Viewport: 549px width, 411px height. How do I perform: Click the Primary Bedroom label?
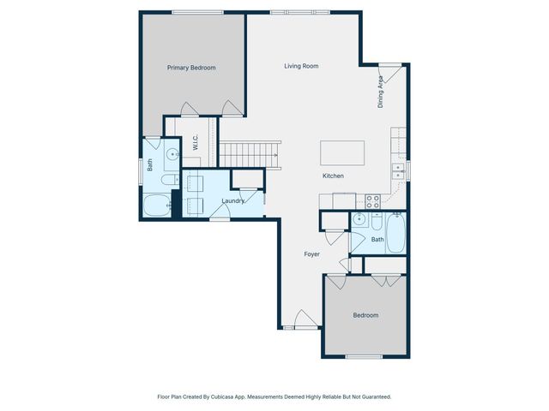191,68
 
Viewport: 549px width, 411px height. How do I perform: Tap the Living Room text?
301,66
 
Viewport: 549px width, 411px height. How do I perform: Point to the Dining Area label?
381,92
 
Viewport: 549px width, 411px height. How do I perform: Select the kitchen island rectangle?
342,153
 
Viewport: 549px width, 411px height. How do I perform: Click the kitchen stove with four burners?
372,202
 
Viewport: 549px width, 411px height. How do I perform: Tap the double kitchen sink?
398,171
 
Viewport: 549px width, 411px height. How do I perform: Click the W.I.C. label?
196,142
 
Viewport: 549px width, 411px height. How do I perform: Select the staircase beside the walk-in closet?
250,155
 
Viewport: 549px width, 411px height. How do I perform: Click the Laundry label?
232,201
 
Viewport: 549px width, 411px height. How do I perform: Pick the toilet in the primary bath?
170,180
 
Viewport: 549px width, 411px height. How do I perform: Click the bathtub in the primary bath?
157,205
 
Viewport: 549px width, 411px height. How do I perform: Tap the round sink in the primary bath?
172,154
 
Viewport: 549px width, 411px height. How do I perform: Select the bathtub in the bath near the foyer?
396,233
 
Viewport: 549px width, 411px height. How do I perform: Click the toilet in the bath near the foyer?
377,222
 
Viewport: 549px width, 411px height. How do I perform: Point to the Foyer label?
311,254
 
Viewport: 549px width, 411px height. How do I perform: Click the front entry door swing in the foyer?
305,319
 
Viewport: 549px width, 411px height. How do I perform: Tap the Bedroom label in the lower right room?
365,315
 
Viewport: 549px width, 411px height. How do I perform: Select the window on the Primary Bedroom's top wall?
197,13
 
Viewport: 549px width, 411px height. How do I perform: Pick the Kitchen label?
333,176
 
